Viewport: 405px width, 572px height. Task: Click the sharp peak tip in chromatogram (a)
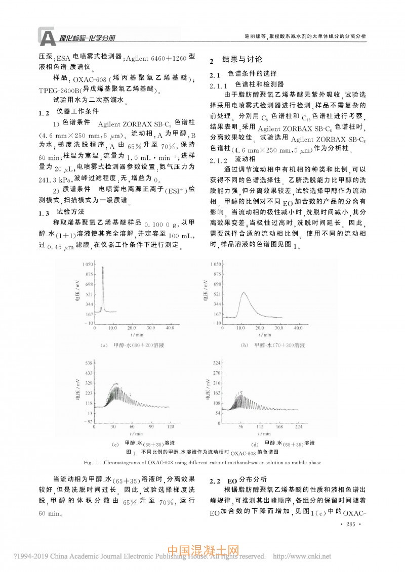(102, 267)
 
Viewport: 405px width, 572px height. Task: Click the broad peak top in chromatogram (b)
(245, 292)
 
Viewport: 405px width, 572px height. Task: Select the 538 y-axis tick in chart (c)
(88, 363)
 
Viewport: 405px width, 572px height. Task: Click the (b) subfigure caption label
(244, 345)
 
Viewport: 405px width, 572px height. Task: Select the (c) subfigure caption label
(114, 443)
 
